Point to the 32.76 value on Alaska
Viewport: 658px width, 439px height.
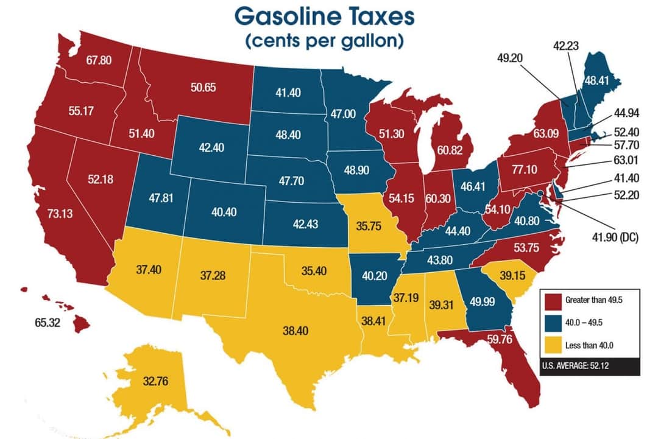155,382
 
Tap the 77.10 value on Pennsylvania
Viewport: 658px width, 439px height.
524,170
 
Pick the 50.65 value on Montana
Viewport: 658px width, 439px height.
203,87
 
